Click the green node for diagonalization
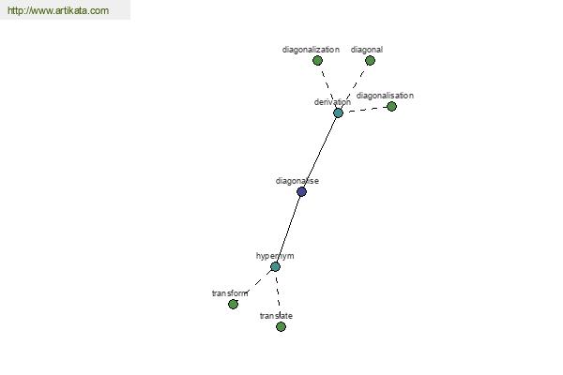coord(317,61)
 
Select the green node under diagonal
coord(371,61)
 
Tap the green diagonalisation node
coord(391,107)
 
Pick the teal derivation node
coord(338,113)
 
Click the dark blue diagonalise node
coord(301,191)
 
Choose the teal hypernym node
coord(275,267)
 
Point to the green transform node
coord(233,305)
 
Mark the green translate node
coord(281,326)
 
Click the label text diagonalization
coord(311,50)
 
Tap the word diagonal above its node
coord(367,50)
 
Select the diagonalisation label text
coord(385,96)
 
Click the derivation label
coord(332,102)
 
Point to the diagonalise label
coord(297,181)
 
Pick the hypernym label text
coord(275,256)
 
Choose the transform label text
coord(230,293)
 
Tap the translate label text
coord(276,316)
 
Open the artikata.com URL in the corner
coord(58,10)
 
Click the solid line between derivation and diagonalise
coord(320,153)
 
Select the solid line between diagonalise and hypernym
coord(288,230)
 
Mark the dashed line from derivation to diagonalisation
coord(365,110)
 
